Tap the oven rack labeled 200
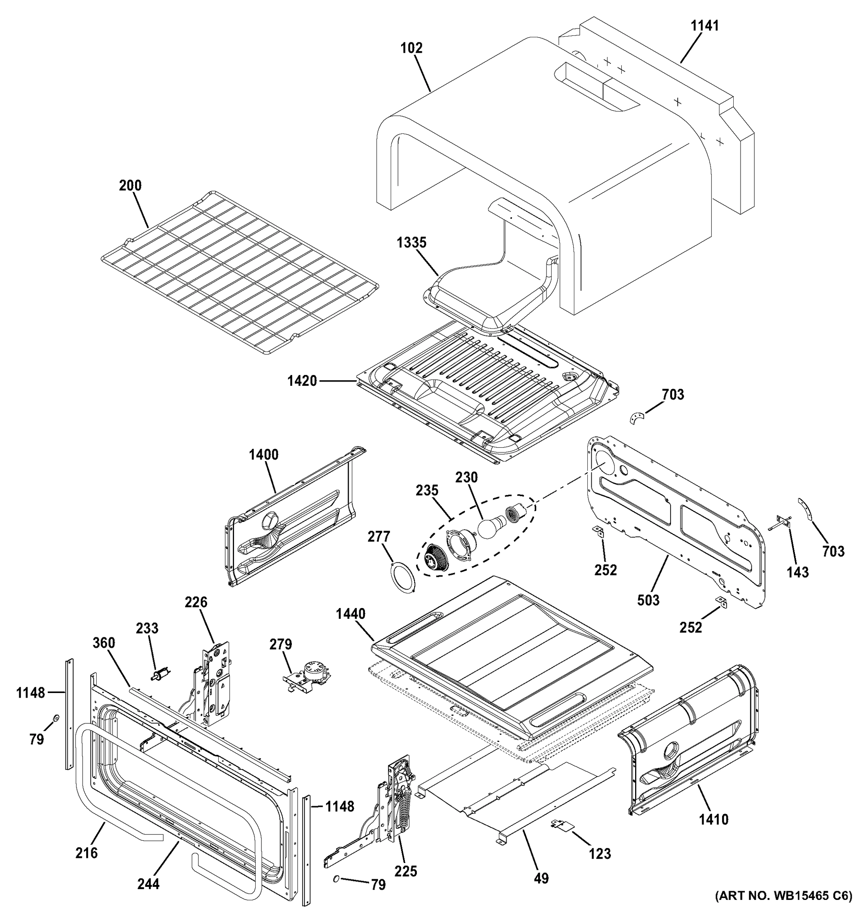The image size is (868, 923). click(x=237, y=269)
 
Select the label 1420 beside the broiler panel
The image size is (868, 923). click(x=301, y=381)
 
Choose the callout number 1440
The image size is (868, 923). click(x=351, y=614)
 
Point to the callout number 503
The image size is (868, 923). click(x=648, y=600)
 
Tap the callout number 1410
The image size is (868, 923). click(x=714, y=833)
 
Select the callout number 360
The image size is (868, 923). click(x=104, y=643)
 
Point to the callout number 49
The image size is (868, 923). click(x=541, y=878)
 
